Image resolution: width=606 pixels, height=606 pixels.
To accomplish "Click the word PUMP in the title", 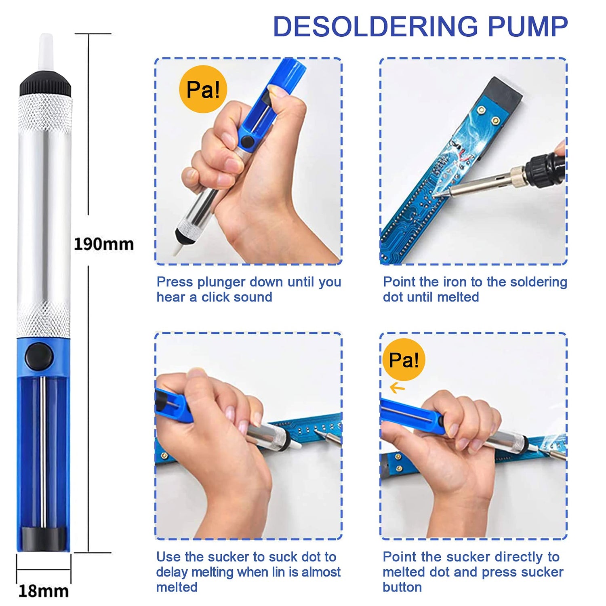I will point(528,27).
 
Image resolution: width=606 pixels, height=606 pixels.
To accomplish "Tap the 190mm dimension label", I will point(103,244).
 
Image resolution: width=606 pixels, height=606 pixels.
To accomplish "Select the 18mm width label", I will point(44,591).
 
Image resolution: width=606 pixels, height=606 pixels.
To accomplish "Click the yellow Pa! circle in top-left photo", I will point(203,89).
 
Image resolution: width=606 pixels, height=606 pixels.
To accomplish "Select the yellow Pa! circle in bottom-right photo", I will point(404,360).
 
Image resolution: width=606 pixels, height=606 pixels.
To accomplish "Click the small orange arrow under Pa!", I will point(397,388).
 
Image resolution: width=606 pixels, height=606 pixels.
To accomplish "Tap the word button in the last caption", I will point(402,587).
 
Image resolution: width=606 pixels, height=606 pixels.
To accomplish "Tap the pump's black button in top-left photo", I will point(246,141).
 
